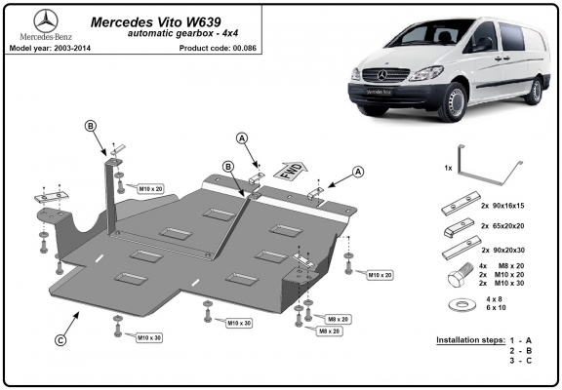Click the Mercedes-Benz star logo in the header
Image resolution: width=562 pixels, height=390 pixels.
coord(46,21)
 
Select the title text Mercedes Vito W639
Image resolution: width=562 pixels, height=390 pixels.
coord(156,22)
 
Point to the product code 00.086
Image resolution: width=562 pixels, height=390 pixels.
coord(245,48)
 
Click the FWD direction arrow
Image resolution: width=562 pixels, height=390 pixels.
coord(291,171)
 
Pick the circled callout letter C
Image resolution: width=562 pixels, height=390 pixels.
coord(60,339)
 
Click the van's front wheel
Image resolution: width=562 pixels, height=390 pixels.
coord(453,102)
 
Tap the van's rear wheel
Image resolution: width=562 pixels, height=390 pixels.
coord(535,91)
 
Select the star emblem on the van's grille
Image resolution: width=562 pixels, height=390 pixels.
coord(382,75)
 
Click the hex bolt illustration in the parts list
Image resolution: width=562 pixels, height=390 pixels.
coord(461,274)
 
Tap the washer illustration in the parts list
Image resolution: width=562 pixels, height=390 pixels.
coord(462,305)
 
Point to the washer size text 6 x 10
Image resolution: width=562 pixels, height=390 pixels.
coord(496,308)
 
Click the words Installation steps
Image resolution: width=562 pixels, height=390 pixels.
coord(470,340)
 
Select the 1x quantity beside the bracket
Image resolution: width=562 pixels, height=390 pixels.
coord(448,168)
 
